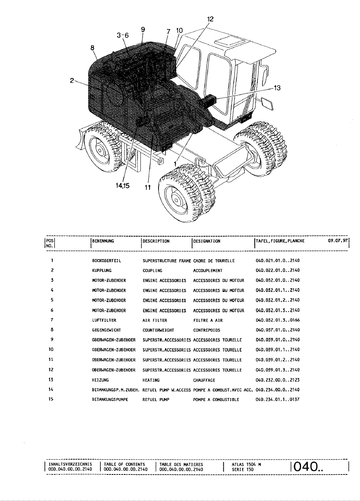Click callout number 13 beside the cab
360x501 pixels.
click(277, 88)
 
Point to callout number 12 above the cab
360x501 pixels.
click(210, 19)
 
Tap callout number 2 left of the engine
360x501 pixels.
click(72, 80)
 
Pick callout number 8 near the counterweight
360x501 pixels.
click(93, 48)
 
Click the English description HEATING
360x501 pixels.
click(151, 380)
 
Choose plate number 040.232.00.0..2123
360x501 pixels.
click(277, 380)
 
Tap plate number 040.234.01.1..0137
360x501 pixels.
click(277, 400)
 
